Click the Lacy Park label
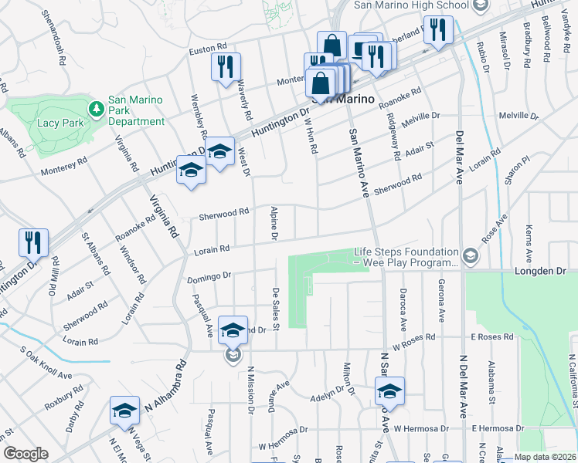[x=56, y=122]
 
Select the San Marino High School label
[x=411, y=5]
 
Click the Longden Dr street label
[x=539, y=272]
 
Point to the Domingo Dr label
[x=208, y=275]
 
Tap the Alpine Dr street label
[x=273, y=223]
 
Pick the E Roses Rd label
[x=492, y=336]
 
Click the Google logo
[x=25, y=454]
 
